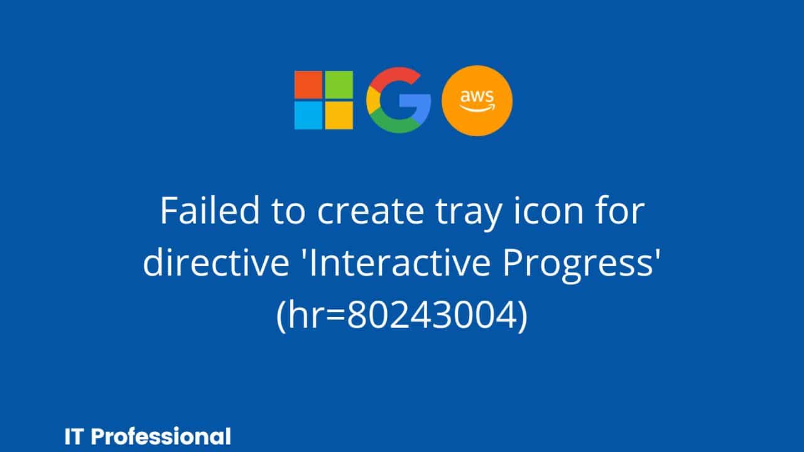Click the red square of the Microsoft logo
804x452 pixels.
[x=308, y=85]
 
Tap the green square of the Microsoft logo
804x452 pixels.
[x=339, y=85]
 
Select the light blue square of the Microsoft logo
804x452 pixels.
[x=308, y=116]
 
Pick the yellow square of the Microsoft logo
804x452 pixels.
[x=339, y=116]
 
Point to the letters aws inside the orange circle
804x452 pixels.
[x=477, y=97]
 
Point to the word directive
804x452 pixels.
[x=216, y=262]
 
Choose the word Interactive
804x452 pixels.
[x=399, y=262]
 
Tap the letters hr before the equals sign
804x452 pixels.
[x=306, y=315]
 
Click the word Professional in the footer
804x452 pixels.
[x=161, y=436]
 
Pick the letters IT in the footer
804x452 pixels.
[x=74, y=437]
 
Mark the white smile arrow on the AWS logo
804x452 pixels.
[x=477, y=107]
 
